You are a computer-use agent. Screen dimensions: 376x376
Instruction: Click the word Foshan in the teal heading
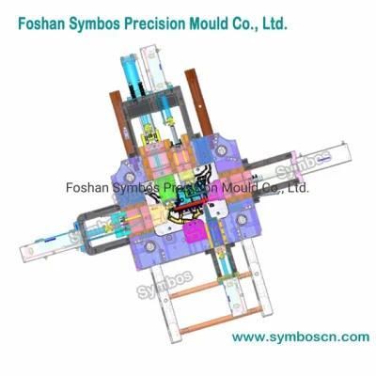pos(36,23)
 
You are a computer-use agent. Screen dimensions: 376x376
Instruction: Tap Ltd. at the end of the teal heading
pos(274,23)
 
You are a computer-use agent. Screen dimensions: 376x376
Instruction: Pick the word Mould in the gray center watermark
pos(240,188)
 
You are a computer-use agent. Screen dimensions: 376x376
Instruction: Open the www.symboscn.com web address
pos(301,337)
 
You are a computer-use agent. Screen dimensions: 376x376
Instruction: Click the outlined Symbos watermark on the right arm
pos(303,165)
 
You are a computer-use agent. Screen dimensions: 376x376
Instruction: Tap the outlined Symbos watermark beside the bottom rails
pos(164,284)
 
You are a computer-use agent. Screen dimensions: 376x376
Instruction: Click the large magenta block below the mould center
pos(195,230)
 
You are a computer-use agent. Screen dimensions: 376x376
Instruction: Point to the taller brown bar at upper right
pos(198,102)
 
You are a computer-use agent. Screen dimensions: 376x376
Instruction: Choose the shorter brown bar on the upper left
pos(122,124)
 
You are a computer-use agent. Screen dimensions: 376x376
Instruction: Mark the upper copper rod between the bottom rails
pos(210,285)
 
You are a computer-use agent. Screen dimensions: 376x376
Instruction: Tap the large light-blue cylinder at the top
pos(129,71)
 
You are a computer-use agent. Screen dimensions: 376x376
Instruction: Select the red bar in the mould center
pos(189,205)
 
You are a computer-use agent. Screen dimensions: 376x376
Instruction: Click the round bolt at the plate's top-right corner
pos(220,150)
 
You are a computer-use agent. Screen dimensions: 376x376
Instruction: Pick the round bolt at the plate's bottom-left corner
pos(150,247)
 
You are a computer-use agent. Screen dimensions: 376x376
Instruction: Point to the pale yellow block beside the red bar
pos(159,215)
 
